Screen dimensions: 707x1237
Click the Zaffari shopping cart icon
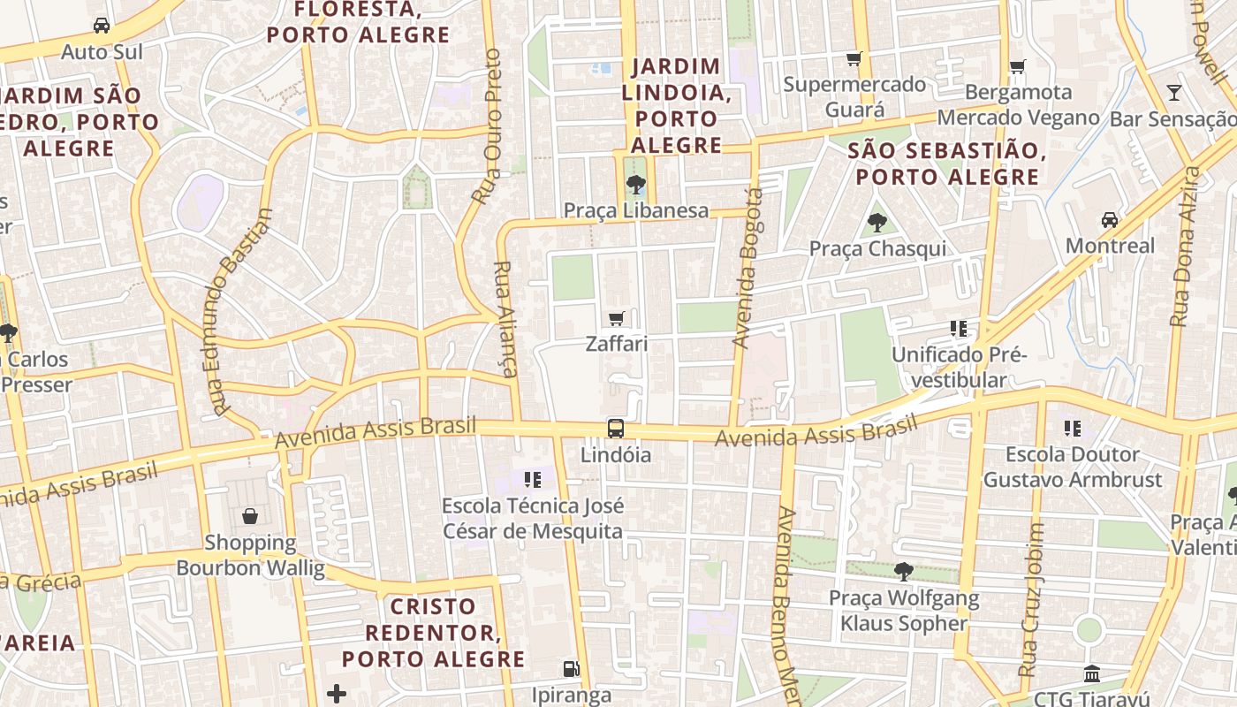tap(617, 318)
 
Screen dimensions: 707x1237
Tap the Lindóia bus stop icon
tap(616, 429)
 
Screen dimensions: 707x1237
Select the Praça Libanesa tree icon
tap(634, 185)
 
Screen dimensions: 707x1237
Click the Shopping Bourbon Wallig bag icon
tap(250, 516)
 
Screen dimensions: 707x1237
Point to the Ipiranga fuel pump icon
tap(572, 669)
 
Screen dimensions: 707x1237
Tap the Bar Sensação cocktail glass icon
tap(1173, 92)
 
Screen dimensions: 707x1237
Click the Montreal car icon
tap(1109, 219)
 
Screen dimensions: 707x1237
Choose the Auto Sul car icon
tap(102, 26)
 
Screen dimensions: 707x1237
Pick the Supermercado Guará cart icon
tap(854, 59)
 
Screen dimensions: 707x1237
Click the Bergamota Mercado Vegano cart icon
tap(1017, 66)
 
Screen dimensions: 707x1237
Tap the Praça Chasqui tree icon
tap(877, 222)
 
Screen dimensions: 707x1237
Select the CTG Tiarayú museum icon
tap(1091, 674)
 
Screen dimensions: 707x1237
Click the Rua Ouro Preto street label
tap(488, 126)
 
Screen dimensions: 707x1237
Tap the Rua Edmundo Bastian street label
tap(241, 312)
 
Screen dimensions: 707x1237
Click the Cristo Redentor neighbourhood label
tap(433, 633)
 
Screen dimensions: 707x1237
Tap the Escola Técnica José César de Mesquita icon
tap(532, 480)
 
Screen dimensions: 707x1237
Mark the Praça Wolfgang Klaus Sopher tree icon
tap(903, 571)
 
